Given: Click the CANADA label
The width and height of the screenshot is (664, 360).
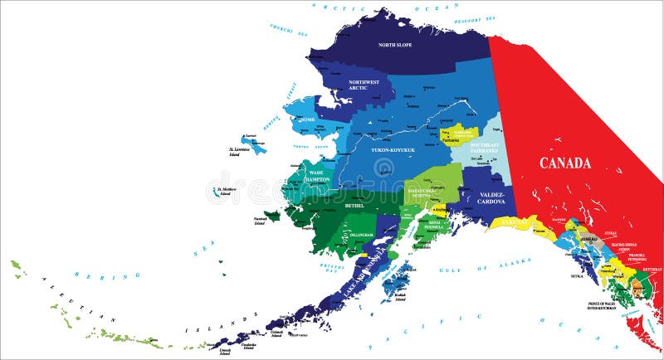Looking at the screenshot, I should (565, 163).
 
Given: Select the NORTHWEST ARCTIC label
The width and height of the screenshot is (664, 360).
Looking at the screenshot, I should (363, 85).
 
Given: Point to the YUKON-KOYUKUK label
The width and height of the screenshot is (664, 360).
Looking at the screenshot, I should (392, 151).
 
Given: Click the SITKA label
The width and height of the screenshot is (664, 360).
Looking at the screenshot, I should (576, 275).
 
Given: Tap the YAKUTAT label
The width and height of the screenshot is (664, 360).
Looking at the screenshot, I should (515, 222).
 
